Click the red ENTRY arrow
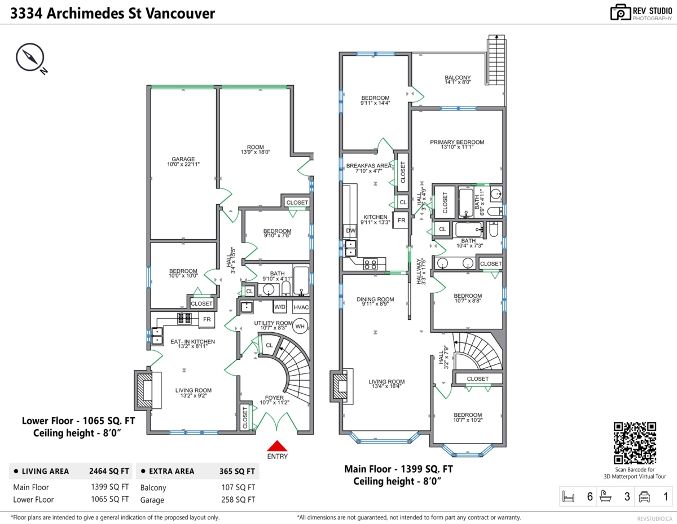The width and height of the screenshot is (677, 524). (276, 446)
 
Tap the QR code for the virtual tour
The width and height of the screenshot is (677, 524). (635, 443)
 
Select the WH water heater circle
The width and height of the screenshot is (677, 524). (300, 327)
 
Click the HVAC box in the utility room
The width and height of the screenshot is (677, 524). (301, 307)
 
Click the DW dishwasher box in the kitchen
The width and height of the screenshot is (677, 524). (349, 231)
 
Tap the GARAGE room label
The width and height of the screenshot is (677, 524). (183, 160)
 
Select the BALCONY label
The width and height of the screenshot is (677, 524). (458, 78)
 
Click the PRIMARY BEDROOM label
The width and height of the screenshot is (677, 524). (457, 143)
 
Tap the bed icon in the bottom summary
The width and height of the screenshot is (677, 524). (569, 497)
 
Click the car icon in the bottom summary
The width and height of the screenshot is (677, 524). (644, 497)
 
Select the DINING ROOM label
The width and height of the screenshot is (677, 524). (375, 300)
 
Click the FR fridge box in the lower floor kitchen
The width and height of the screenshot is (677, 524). (207, 319)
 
